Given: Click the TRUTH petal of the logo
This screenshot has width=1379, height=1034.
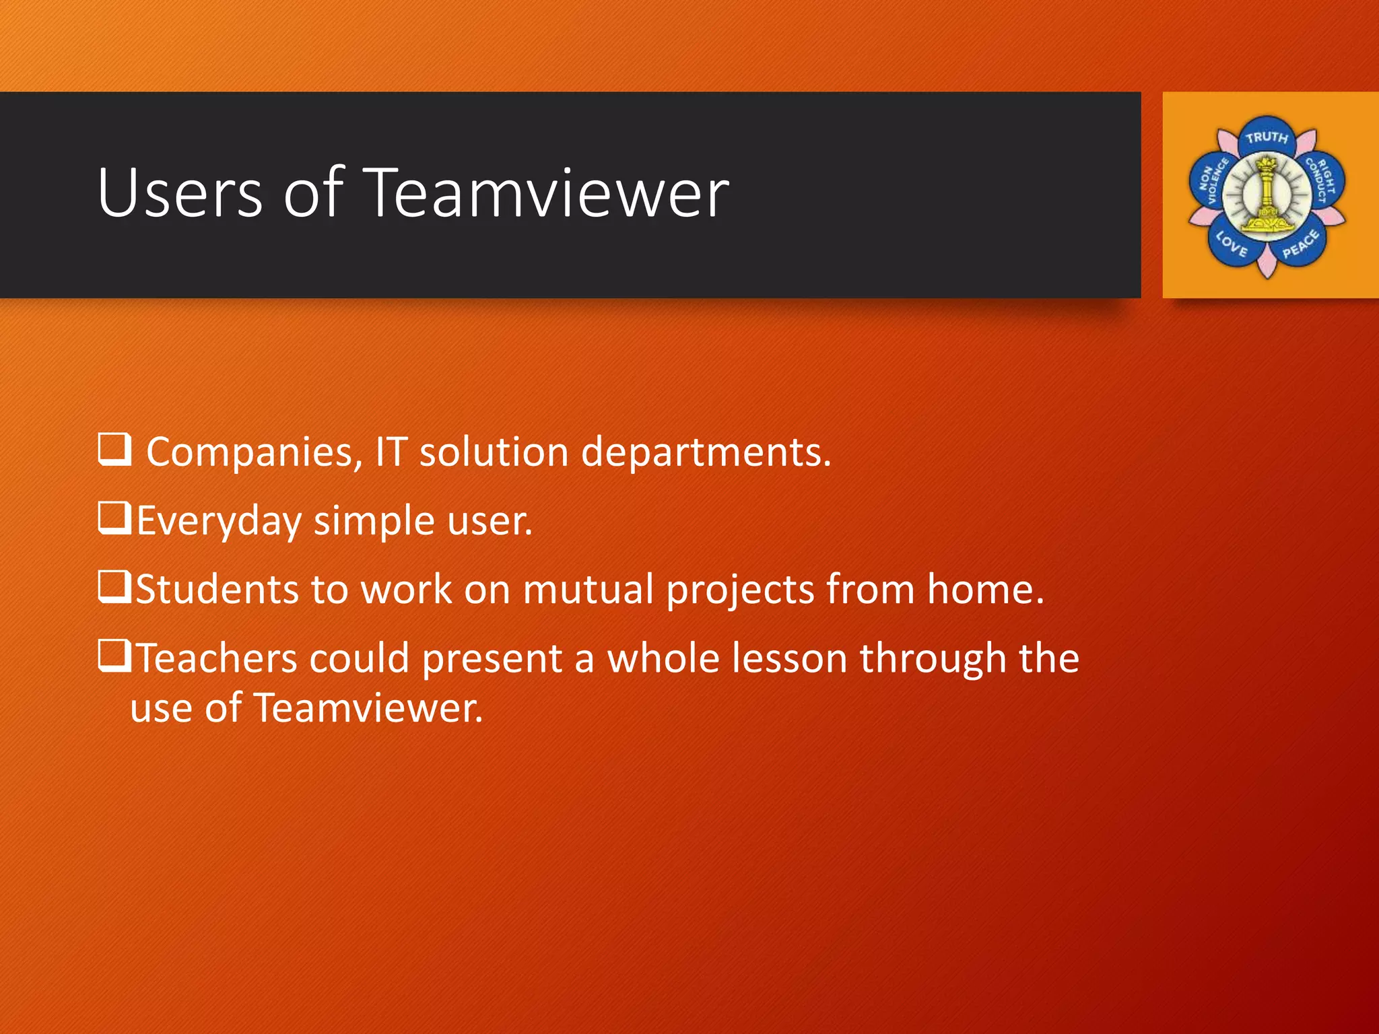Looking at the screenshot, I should (1267, 138).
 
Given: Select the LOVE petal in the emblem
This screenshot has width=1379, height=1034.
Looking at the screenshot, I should (1232, 244).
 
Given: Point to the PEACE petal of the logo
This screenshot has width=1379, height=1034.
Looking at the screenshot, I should (1300, 244).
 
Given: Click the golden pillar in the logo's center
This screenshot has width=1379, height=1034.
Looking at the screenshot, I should (1267, 195).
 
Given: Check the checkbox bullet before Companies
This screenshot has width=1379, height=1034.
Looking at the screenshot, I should (114, 449).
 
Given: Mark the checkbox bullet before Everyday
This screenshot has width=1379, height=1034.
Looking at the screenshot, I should (114, 518).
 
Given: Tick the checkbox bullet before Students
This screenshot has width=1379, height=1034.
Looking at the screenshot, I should (114, 587).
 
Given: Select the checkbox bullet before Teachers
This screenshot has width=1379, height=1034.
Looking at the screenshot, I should (114, 656).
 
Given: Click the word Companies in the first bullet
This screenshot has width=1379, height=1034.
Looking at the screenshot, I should (250, 452).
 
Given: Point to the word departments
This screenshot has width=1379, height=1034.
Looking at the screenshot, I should (705, 452).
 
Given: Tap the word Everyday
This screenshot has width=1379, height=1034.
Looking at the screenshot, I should (219, 522).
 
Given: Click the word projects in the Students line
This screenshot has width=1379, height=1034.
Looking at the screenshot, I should (740, 590).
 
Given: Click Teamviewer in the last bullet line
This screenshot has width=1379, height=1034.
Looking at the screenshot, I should (368, 708).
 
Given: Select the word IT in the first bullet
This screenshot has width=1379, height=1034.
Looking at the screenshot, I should (391, 452).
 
